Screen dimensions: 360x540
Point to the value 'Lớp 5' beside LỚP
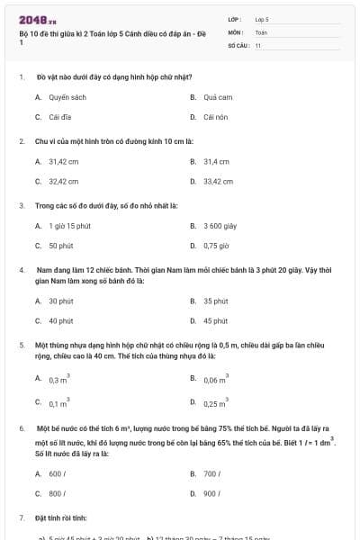click(262, 18)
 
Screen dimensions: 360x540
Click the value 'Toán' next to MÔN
click(261, 31)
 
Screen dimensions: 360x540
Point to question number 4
click(21, 269)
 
